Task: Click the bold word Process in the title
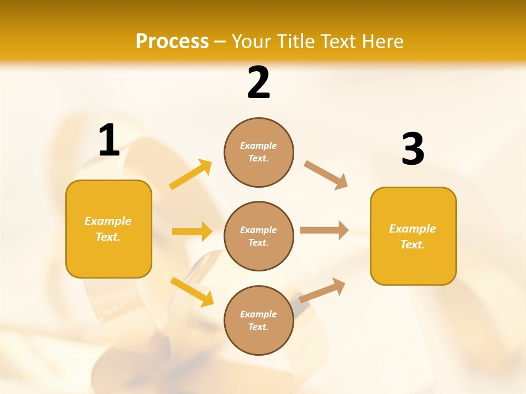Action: coord(172,42)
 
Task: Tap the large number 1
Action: coord(109,141)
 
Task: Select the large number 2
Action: coord(259,83)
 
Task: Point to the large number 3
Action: coord(413,149)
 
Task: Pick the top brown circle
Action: coord(259,152)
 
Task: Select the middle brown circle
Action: coord(259,236)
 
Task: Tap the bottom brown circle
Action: coord(259,321)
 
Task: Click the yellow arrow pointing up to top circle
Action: coord(190,175)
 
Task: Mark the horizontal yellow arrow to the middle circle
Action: coord(192,231)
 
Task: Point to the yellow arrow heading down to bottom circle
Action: coord(192,292)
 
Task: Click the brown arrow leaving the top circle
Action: coord(325,175)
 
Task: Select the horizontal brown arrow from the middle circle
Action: coord(324,230)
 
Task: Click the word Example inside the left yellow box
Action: coord(108,221)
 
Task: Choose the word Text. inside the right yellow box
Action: coord(413,245)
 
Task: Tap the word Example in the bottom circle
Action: coord(259,314)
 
